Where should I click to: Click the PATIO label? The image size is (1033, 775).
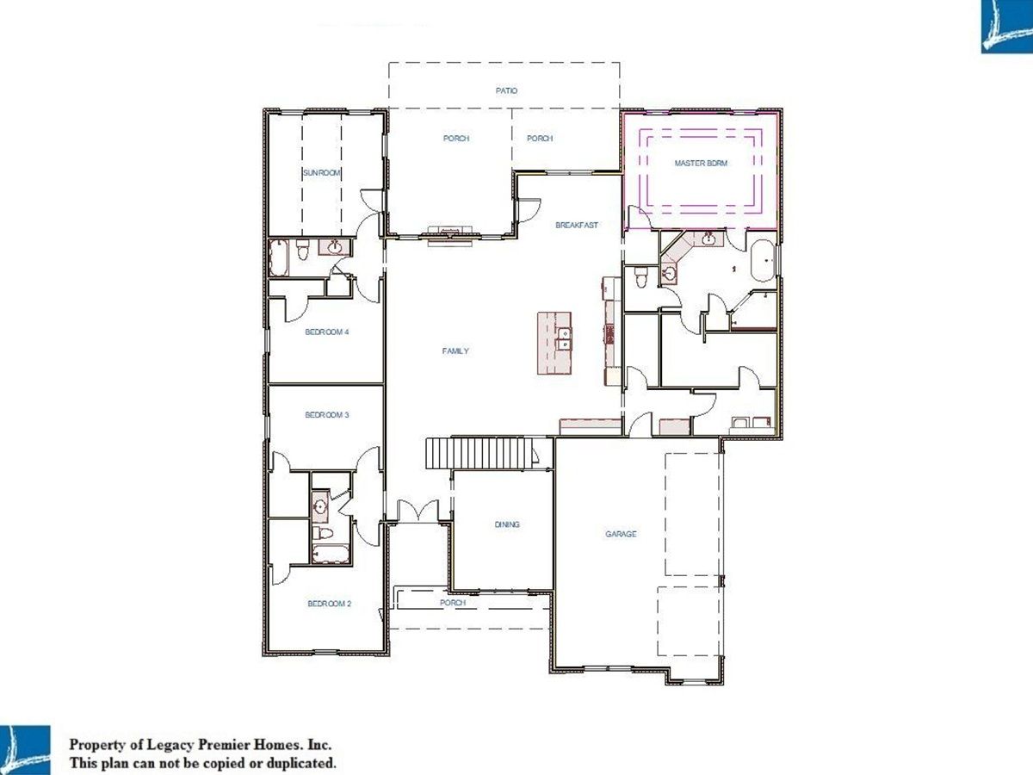click(506, 90)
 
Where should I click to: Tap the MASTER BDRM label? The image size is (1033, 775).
click(701, 164)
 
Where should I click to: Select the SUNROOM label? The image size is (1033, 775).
click(321, 173)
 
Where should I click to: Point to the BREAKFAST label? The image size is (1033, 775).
click(577, 225)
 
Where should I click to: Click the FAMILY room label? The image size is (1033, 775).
click(455, 350)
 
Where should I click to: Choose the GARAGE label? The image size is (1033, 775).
click(621, 534)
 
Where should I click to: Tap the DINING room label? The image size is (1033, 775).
click(507, 524)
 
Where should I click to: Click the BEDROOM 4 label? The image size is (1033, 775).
click(326, 332)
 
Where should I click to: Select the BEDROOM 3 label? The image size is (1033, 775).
click(326, 415)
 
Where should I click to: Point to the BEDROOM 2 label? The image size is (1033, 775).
click(330, 604)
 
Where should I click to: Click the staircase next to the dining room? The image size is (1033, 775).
click(480, 452)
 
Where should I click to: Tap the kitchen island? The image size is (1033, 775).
click(554, 343)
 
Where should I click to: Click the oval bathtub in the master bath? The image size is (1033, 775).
click(763, 261)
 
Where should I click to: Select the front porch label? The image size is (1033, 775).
click(453, 602)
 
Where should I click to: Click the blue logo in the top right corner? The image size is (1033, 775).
click(1007, 27)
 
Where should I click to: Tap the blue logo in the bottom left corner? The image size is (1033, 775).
click(25, 750)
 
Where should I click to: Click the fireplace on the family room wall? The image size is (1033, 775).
click(450, 236)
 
